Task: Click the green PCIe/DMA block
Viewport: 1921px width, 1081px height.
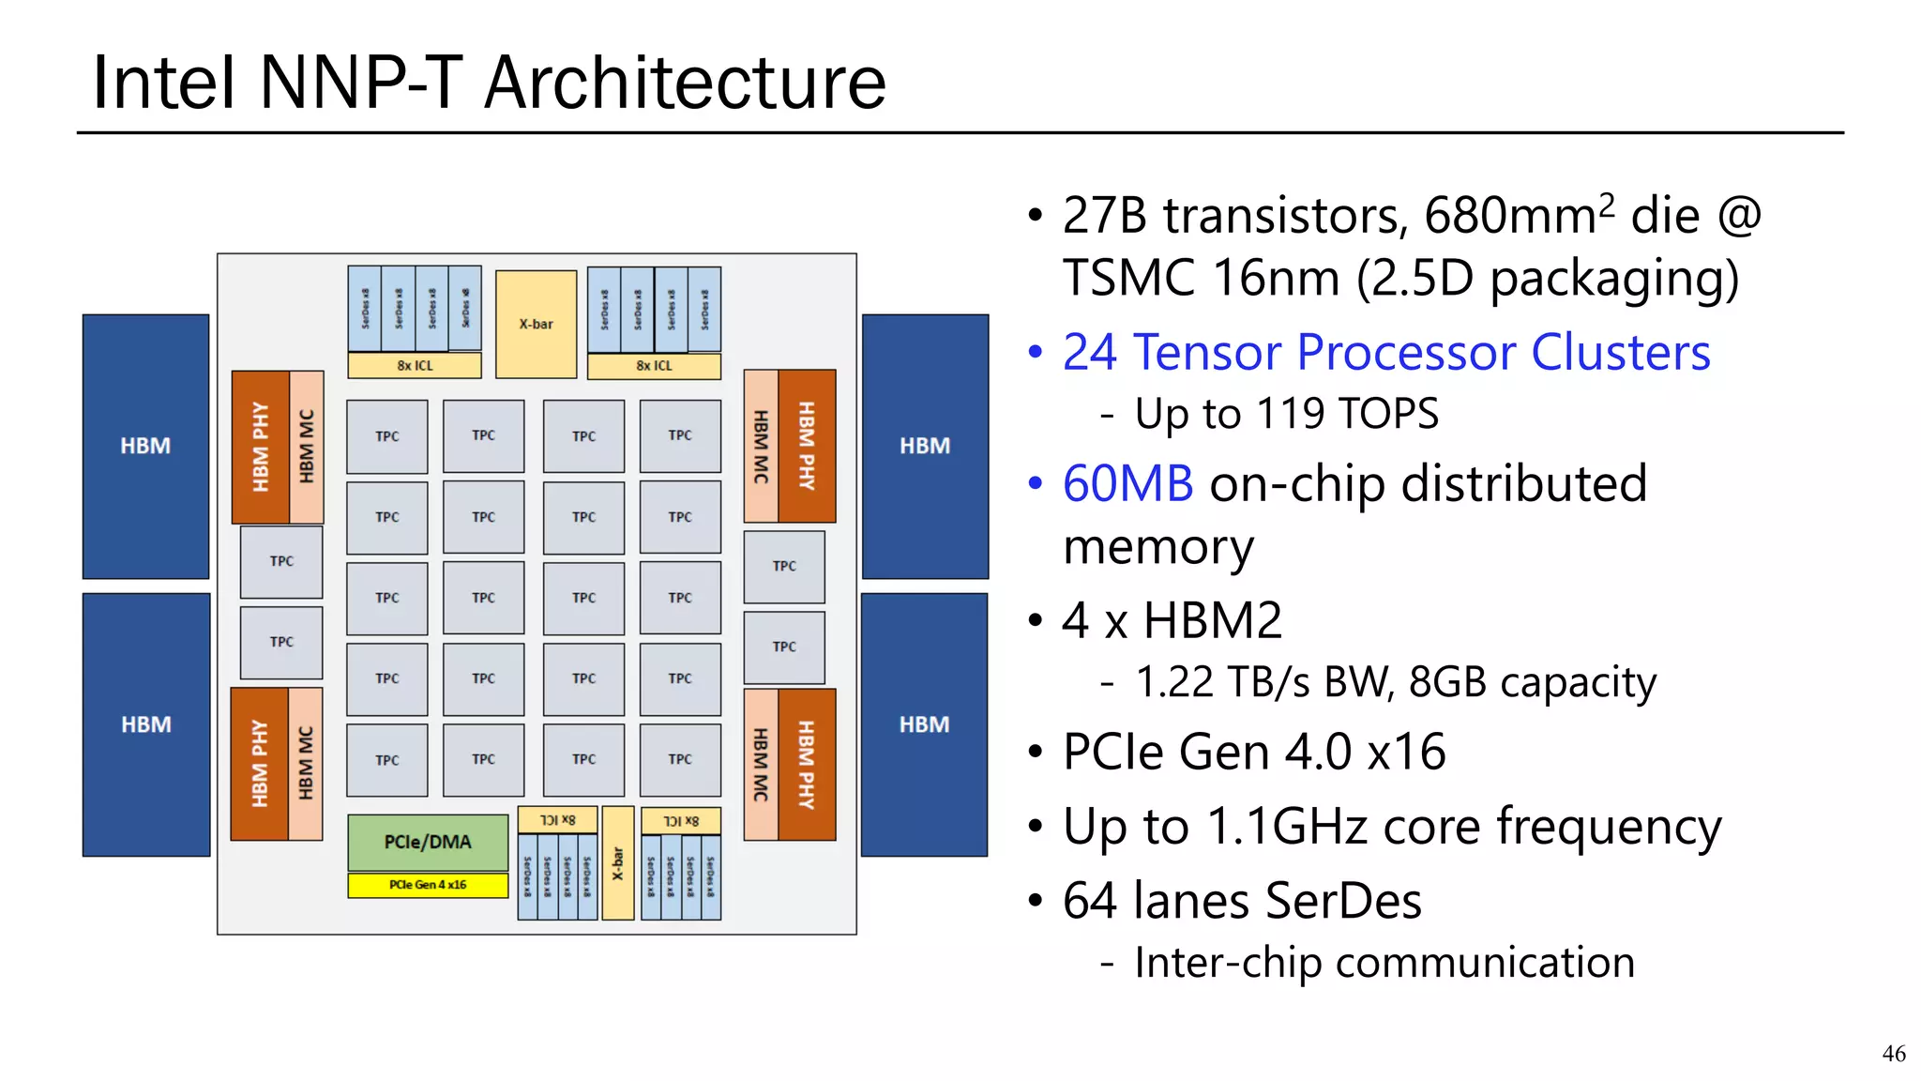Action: pos(428,842)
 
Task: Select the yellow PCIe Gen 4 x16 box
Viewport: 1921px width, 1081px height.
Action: pos(428,885)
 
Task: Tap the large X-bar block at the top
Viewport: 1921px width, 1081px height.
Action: pos(536,324)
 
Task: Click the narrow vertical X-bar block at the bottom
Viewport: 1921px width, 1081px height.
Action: pos(617,863)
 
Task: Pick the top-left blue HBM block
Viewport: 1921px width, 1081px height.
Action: pos(145,446)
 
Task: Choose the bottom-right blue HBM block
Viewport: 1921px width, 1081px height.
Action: pos(924,724)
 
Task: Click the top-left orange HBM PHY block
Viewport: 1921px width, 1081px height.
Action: pos(261,447)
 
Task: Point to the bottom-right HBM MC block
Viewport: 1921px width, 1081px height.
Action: pos(761,765)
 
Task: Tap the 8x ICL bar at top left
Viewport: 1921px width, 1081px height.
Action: pos(415,365)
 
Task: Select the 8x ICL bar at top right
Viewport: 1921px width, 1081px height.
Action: pos(654,365)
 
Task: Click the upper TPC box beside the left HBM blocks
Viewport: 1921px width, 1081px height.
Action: pos(281,561)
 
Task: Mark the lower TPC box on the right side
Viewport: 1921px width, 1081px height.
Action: pos(784,647)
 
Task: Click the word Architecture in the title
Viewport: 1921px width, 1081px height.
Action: pos(685,83)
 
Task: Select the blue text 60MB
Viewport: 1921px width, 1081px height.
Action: pos(1127,484)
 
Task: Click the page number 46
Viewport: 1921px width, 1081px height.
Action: pos(1893,1054)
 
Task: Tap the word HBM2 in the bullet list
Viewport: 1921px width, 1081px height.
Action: pos(1212,621)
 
